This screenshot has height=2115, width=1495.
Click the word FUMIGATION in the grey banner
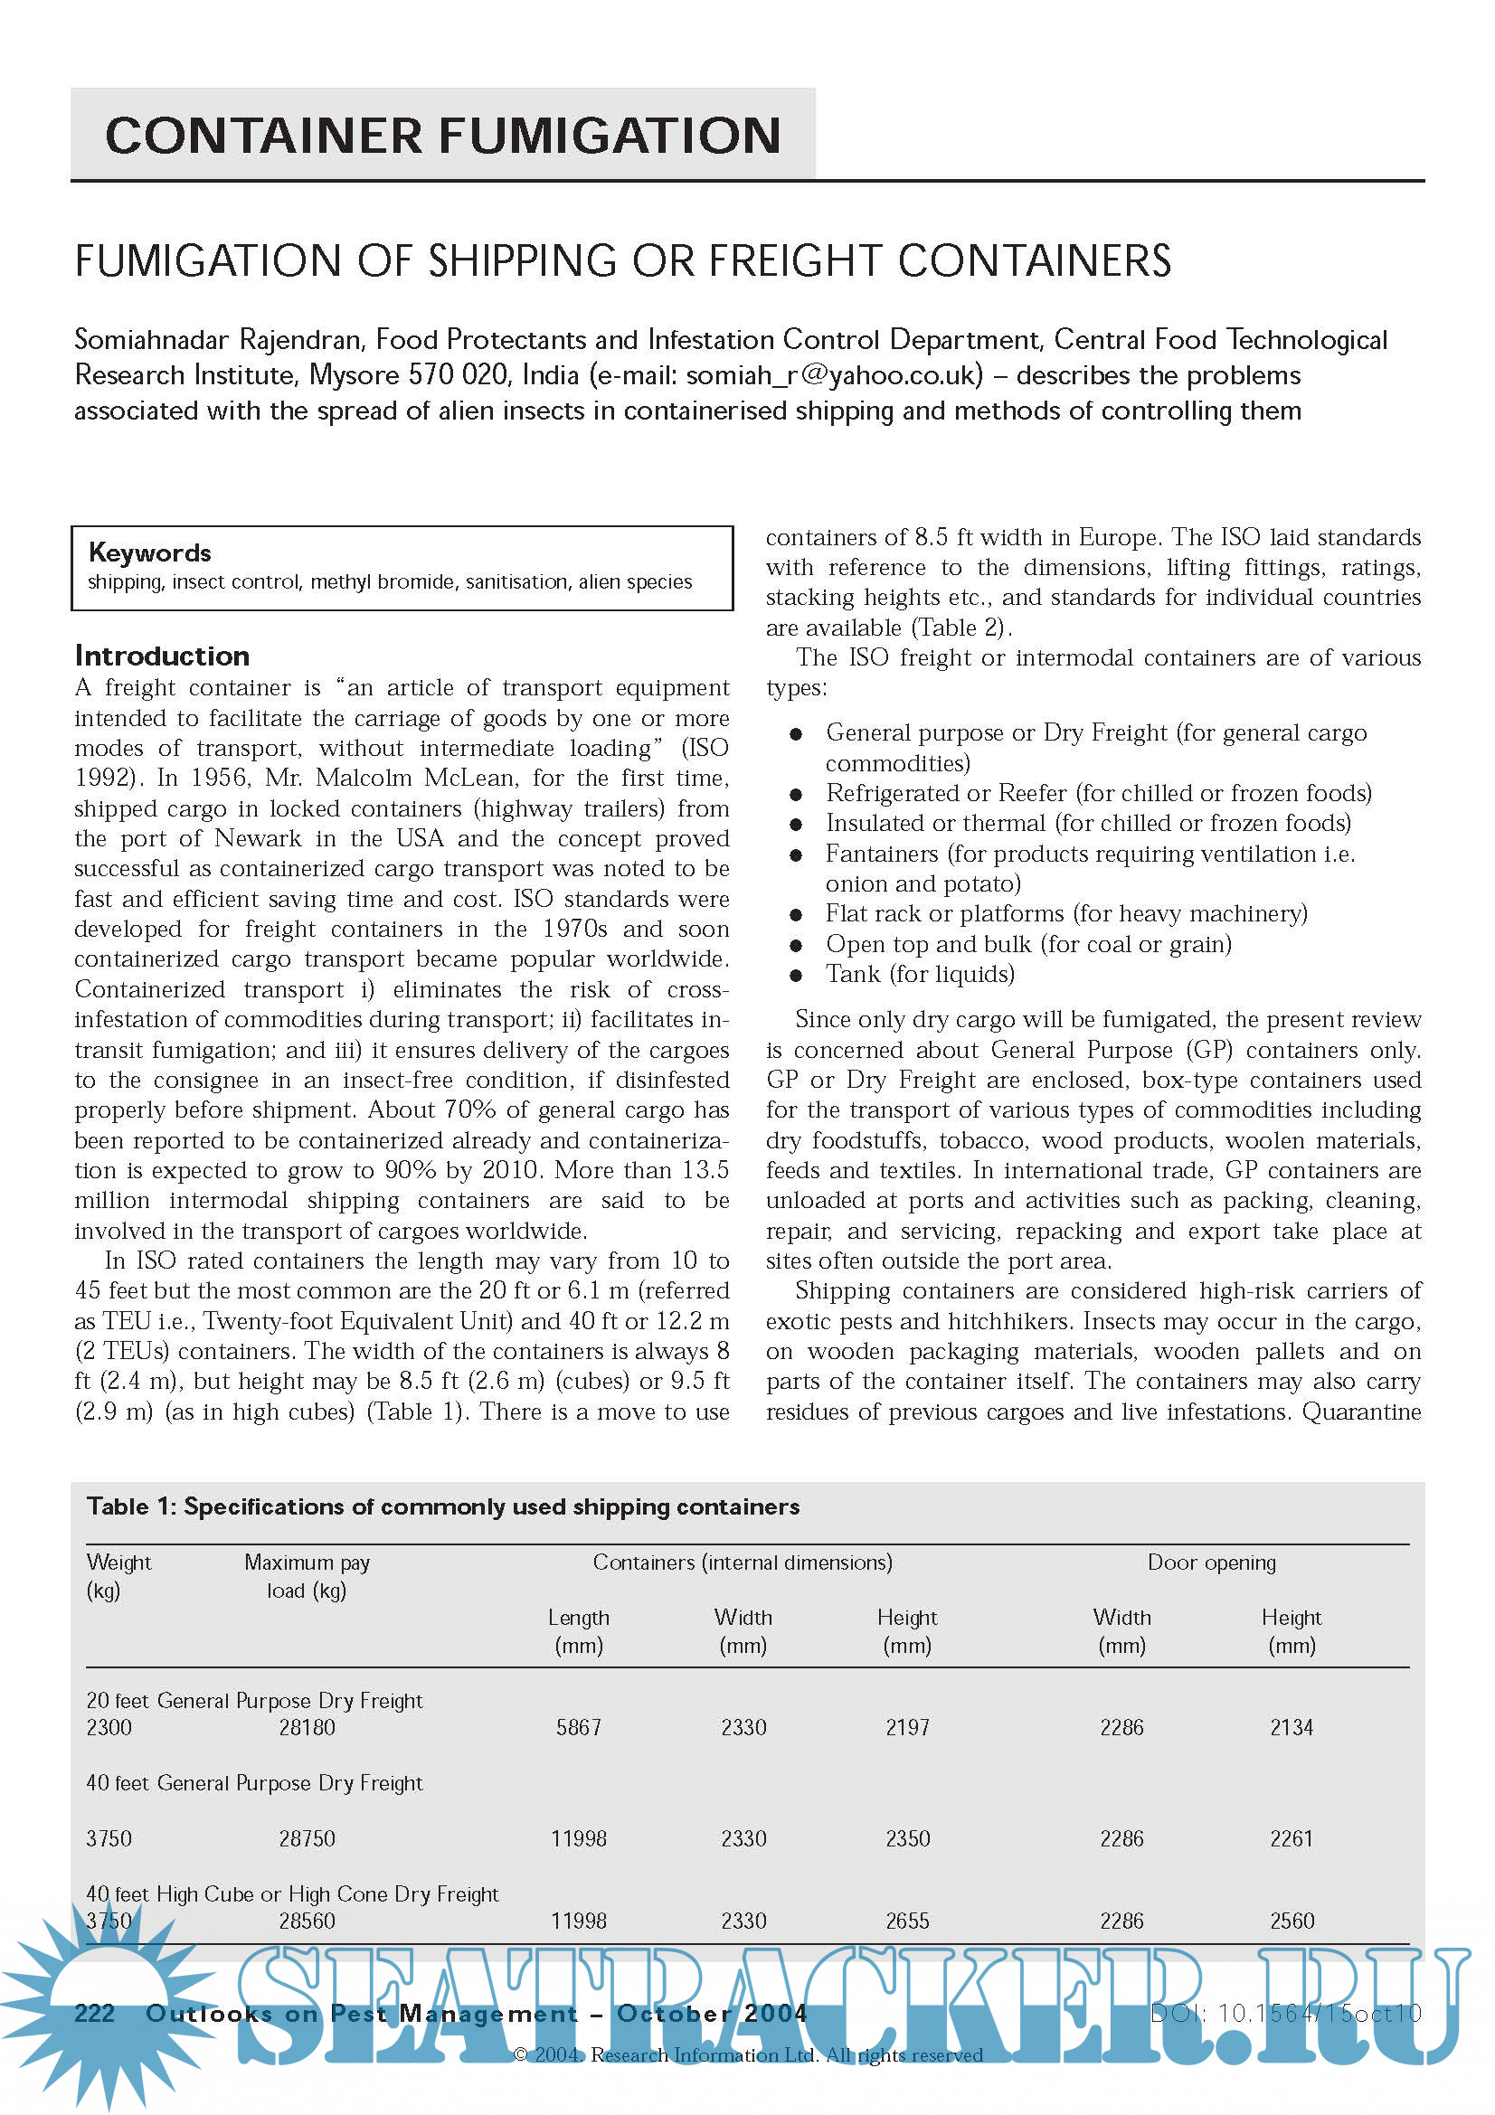tap(610, 136)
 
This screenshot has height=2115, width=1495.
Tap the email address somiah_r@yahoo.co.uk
tap(834, 375)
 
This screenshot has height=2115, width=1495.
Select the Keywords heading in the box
tap(149, 552)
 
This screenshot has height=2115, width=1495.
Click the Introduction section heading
tap(162, 656)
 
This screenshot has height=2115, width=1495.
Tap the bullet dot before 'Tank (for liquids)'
tap(796, 976)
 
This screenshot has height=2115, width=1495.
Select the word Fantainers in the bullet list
tap(882, 854)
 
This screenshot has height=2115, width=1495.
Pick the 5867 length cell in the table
tap(579, 1727)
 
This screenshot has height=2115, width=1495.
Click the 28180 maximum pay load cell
tap(307, 1727)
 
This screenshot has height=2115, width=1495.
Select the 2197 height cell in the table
tap(907, 1727)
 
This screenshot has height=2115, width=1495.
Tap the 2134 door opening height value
tap(1292, 1727)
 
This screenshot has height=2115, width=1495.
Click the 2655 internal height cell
tap(907, 1921)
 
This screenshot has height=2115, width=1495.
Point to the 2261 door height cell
tap(1292, 1838)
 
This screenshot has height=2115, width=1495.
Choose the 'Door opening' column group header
tap(1211, 1563)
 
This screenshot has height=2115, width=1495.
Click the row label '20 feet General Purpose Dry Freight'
tap(254, 1701)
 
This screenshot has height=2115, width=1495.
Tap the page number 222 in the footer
tap(94, 2014)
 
